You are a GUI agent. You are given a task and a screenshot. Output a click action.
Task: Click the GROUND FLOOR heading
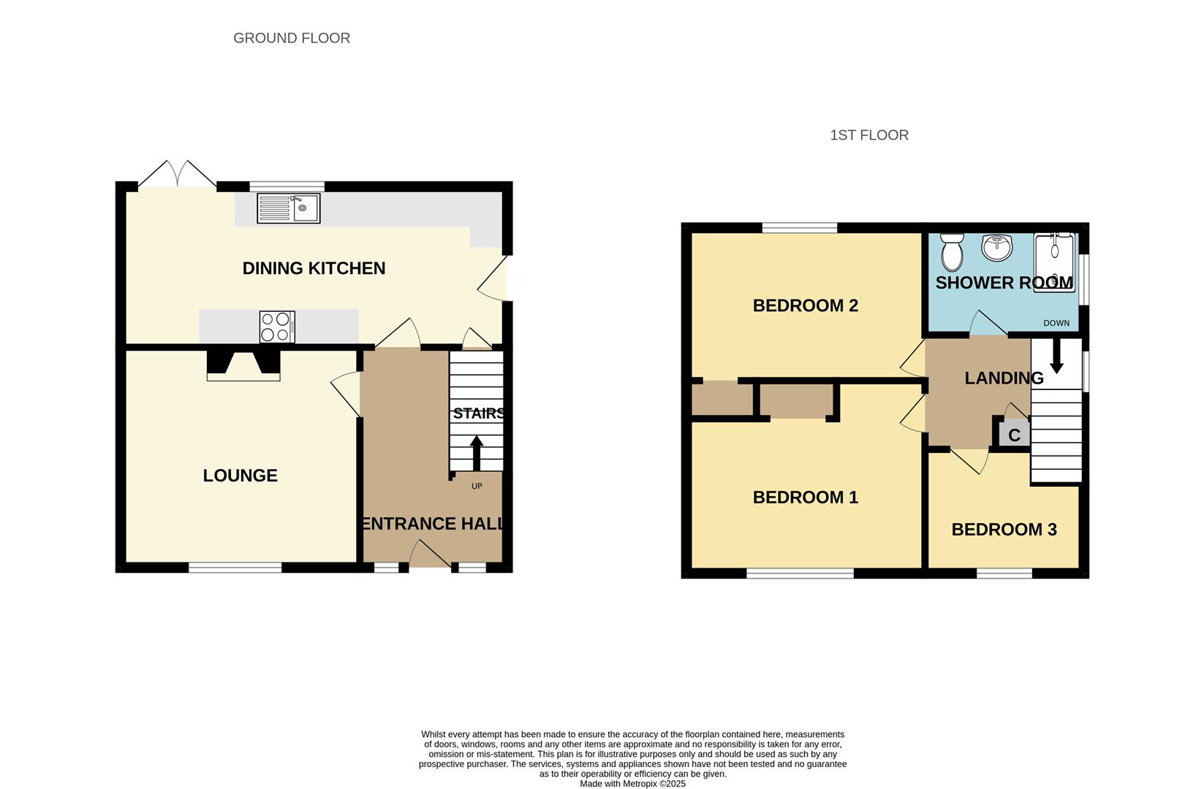[292, 38]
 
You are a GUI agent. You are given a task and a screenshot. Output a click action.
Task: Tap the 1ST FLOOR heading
[869, 135]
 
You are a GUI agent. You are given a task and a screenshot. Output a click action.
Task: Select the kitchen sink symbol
[289, 208]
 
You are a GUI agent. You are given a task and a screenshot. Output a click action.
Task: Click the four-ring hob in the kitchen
[277, 327]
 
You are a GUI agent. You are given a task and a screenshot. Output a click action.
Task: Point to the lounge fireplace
[243, 365]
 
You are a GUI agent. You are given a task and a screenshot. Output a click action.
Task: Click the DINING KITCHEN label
[314, 268]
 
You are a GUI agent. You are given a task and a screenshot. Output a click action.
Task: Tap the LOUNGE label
[240, 476]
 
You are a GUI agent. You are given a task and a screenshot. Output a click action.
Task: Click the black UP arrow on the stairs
[477, 453]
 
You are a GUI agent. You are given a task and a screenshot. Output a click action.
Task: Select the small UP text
[477, 487]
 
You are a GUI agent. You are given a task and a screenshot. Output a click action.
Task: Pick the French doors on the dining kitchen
[177, 174]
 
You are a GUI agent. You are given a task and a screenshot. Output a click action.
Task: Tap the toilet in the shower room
[952, 252]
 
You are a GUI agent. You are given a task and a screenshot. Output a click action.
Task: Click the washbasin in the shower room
[996, 248]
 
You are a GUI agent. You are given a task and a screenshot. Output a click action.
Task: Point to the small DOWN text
[1056, 323]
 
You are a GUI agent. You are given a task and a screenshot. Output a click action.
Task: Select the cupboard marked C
[1014, 435]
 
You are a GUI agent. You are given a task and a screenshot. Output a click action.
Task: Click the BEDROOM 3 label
[1004, 530]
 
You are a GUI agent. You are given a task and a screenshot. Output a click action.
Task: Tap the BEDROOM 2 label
[805, 305]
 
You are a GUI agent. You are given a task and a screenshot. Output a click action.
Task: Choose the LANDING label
[1004, 378]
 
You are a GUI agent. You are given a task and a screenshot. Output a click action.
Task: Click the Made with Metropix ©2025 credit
[632, 784]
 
